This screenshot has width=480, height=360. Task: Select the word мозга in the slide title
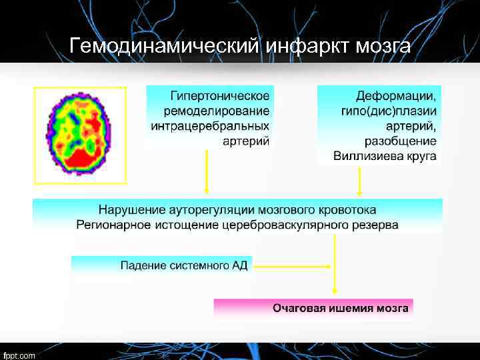point(383,46)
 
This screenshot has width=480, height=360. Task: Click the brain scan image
point(79,135)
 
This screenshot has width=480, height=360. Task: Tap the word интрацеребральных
point(211,125)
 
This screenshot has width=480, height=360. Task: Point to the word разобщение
point(401,141)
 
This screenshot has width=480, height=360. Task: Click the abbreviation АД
point(239,266)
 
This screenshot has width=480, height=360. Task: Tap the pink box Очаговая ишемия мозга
point(313,308)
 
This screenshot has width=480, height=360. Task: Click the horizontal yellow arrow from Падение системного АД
point(293,266)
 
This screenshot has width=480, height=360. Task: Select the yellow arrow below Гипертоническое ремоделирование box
point(207,173)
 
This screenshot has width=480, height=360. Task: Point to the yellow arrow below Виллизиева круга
point(360,181)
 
